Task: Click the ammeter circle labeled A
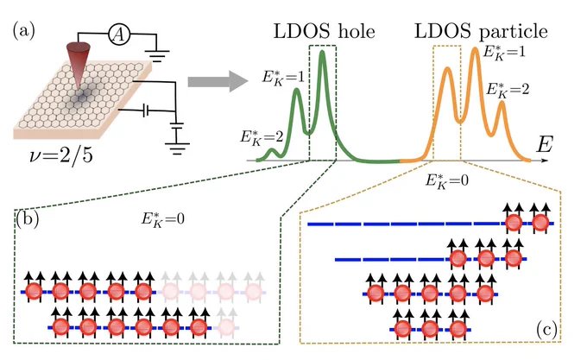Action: click(x=119, y=35)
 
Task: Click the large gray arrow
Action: click(x=218, y=81)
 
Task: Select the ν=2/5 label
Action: click(x=61, y=155)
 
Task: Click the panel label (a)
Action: click(x=24, y=30)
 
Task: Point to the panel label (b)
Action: click(x=28, y=219)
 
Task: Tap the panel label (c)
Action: click(x=547, y=330)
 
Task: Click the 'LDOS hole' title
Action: click(x=325, y=31)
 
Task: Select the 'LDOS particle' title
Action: click(x=481, y=31)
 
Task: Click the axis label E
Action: click(x=545, y=143)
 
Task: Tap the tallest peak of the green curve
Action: click(x=322, y=53)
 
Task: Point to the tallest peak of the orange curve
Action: click(x=475, y=50)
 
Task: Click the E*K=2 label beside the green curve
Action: click(x=262, y=138)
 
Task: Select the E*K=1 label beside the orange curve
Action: click(x=504, y=52)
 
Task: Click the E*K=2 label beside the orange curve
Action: click(x=508, y=90)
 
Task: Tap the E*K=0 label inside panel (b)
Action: click(x=163, y=219)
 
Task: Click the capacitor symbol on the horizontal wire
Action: click(x=146, y=111)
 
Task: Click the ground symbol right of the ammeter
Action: click(x=157, y=56)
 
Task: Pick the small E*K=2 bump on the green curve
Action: click(x=272, y=152)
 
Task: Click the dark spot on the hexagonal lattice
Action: click(x=81, y=97)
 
